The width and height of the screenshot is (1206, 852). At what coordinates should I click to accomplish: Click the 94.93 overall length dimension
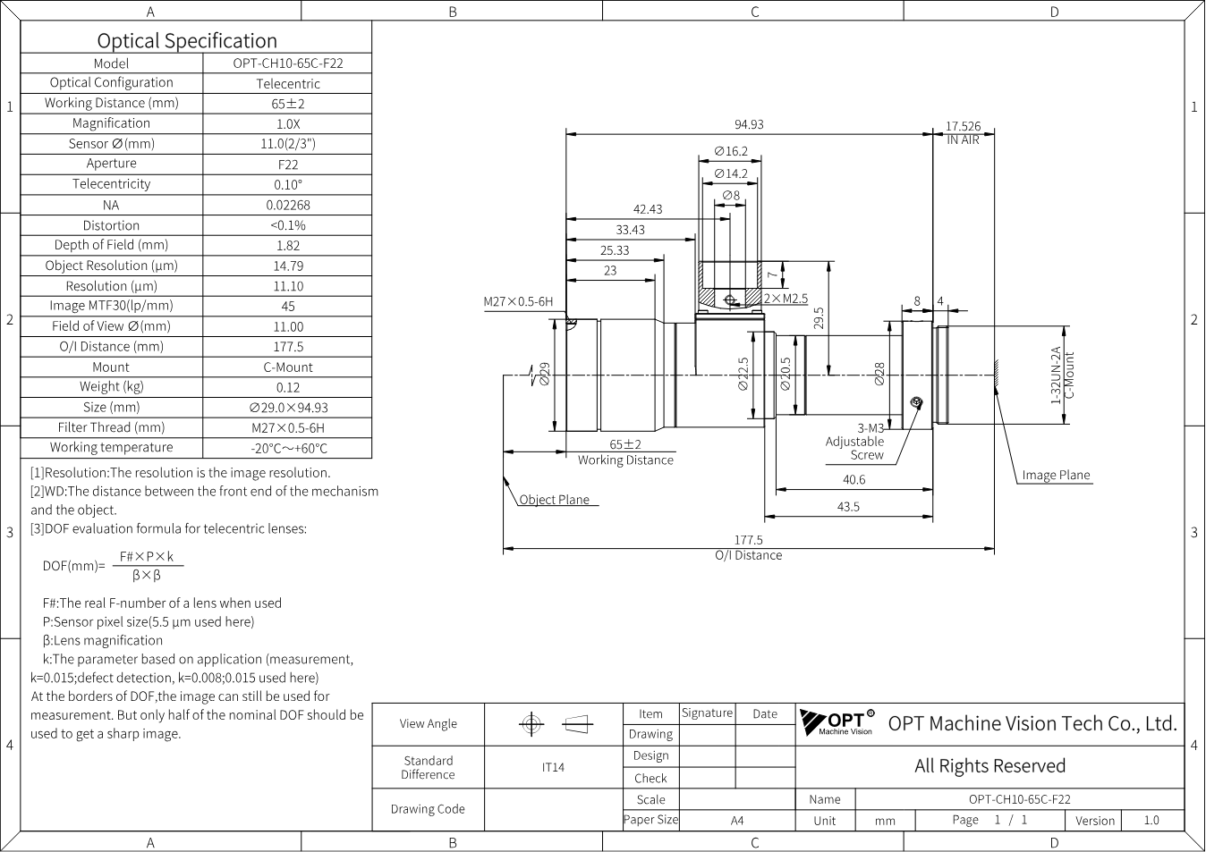pos(749,125)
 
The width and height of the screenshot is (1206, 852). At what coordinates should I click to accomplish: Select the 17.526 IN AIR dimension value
pos(964,126)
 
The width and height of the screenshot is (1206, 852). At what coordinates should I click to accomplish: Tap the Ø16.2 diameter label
pos(731,152)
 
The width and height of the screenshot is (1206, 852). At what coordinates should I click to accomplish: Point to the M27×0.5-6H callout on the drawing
pos(518,302)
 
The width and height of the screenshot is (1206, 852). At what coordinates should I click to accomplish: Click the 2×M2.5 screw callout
pos(786,299)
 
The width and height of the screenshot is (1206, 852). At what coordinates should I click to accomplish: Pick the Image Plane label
pos(1056,476)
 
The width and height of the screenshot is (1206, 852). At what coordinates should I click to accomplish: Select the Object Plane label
pos(554,500)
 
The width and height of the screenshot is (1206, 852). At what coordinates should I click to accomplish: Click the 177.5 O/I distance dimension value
pos(748,540)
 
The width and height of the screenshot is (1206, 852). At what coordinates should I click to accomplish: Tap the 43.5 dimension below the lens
pos(848,507)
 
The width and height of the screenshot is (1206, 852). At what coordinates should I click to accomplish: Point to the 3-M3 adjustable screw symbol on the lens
pos(916,402)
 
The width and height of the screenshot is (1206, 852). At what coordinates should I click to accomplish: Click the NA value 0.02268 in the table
pos(288,205)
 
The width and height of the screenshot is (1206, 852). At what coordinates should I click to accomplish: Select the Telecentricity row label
pos(112,184)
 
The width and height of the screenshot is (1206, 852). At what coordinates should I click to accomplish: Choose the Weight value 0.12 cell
pos(288,387)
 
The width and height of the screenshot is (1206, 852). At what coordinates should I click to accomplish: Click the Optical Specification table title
pos(187,41)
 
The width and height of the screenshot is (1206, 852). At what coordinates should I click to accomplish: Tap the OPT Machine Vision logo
pos(837,721)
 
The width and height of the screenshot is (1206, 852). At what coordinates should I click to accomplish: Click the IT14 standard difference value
pos(553,768)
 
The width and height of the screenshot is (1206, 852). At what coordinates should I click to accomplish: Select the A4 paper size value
pos(737,821)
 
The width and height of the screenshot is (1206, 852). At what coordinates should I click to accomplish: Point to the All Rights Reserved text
pos(989,766)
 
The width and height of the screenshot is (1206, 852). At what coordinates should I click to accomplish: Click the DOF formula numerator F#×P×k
pos(147,557)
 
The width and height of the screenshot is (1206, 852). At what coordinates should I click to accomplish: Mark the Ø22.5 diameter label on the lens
pos(743,375)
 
